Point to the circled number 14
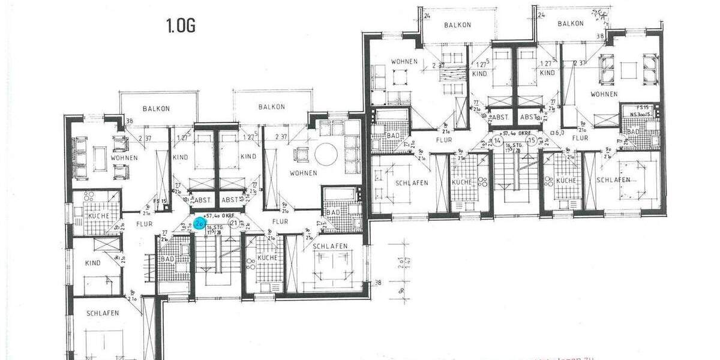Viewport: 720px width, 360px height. pyautogui.click(x=497, y=142)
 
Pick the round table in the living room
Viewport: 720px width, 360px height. pyautogui.click(x=326, y=154)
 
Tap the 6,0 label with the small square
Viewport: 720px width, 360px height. pyautogui.click(x=557, y=133)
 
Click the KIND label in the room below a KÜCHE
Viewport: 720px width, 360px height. pyautogui.click(x=93, y=263)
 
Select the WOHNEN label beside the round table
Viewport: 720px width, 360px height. pyautogui.click(x=303, y=173)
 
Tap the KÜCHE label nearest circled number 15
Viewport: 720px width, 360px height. pyautogui.click(x=566, y=181)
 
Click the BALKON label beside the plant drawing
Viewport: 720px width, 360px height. pyautogui.click(x=570, y=23)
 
